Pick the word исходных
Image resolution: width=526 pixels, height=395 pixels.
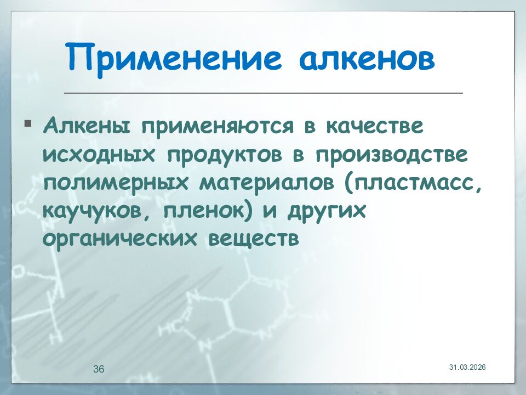click(x=97, y=154)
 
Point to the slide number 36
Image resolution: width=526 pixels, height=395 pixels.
click(x=99, y=369)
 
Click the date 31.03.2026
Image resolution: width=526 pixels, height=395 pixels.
click(x=467, y=366)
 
